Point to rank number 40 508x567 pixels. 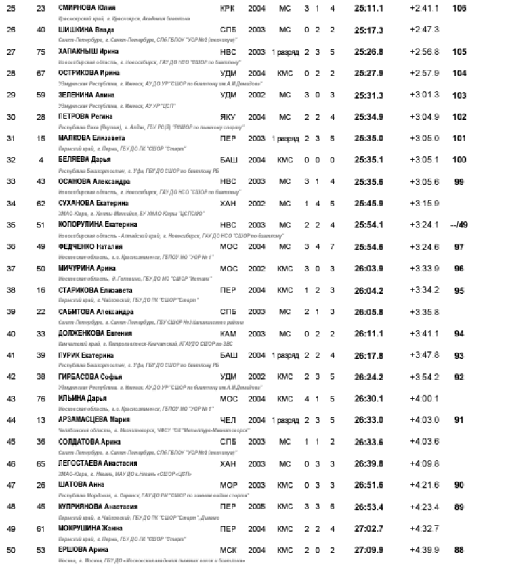[x=11, y=334]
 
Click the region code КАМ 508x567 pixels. [x=228, y=334]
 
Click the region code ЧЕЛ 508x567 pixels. [x=228, y=420]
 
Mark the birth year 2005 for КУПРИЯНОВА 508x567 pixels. [x=257, y=507]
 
